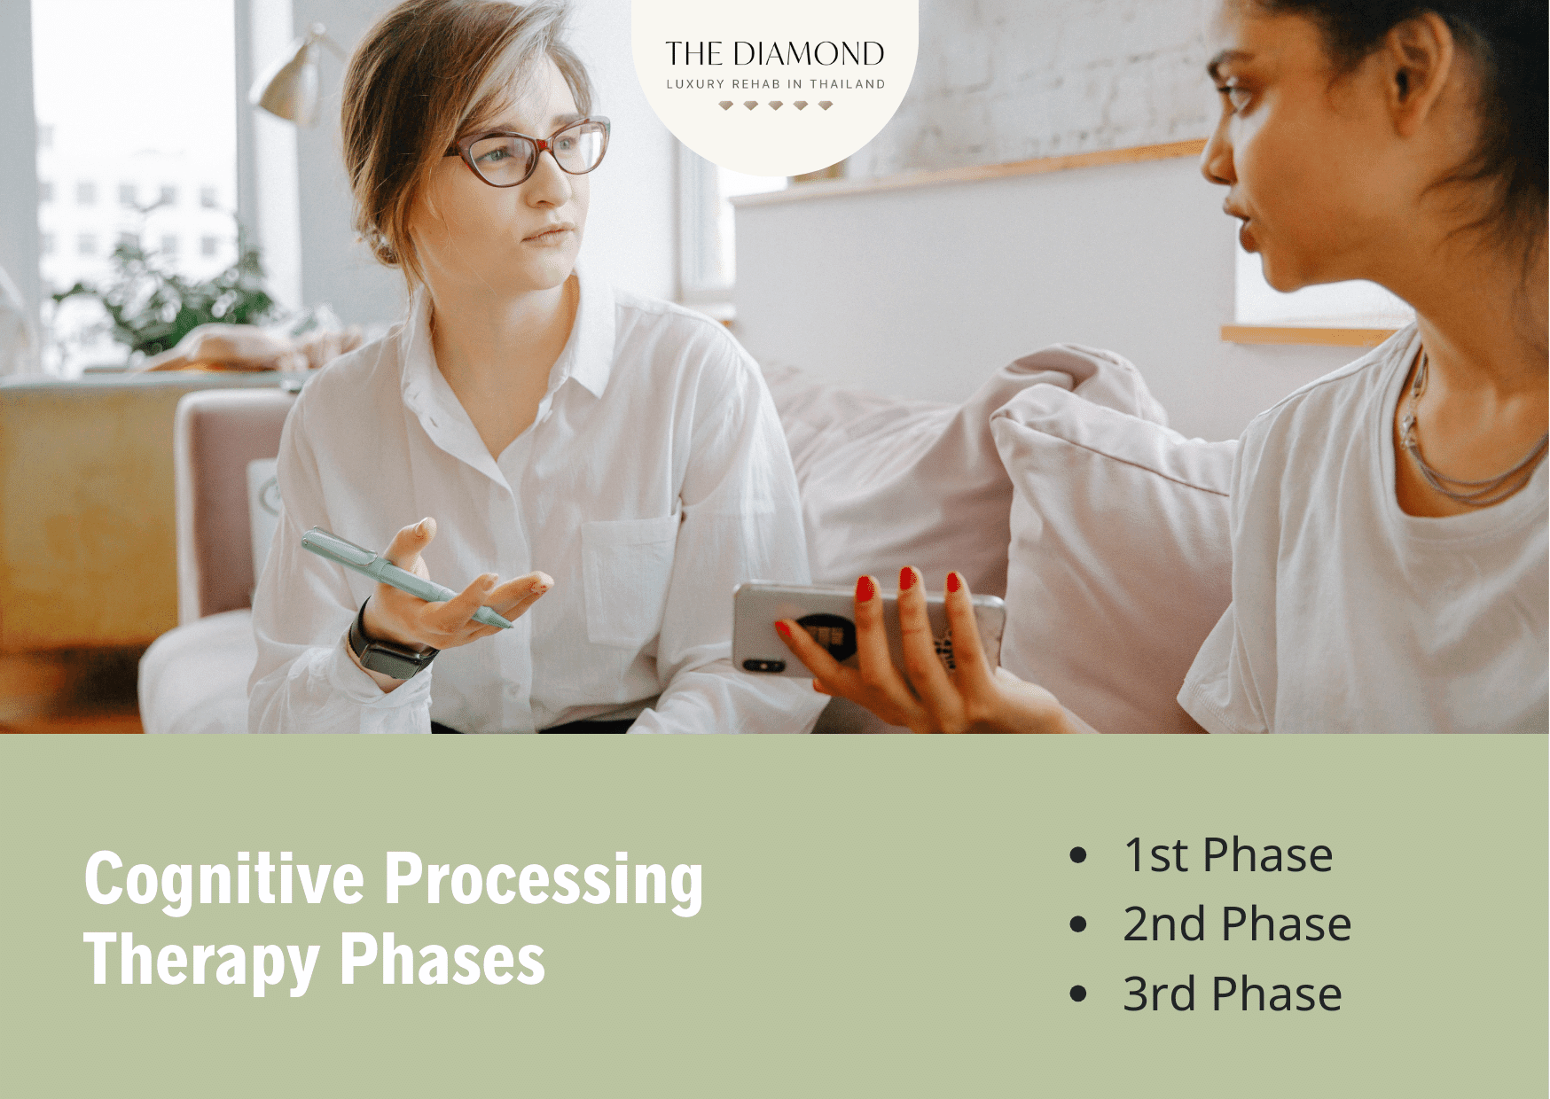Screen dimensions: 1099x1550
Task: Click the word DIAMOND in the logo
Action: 808,54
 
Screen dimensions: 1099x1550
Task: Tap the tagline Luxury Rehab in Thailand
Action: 775,84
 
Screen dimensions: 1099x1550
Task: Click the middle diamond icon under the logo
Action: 776,105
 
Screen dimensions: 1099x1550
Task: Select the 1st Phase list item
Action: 1227,855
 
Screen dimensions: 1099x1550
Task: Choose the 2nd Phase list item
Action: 1236,924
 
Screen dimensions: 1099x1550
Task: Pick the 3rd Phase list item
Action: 1232,994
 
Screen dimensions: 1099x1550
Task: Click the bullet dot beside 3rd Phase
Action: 1078,994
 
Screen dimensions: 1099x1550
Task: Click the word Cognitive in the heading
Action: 223,879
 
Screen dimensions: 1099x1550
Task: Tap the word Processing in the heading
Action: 544,879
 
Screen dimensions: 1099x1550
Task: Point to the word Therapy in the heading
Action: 201,960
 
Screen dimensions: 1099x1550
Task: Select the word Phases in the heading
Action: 442,960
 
